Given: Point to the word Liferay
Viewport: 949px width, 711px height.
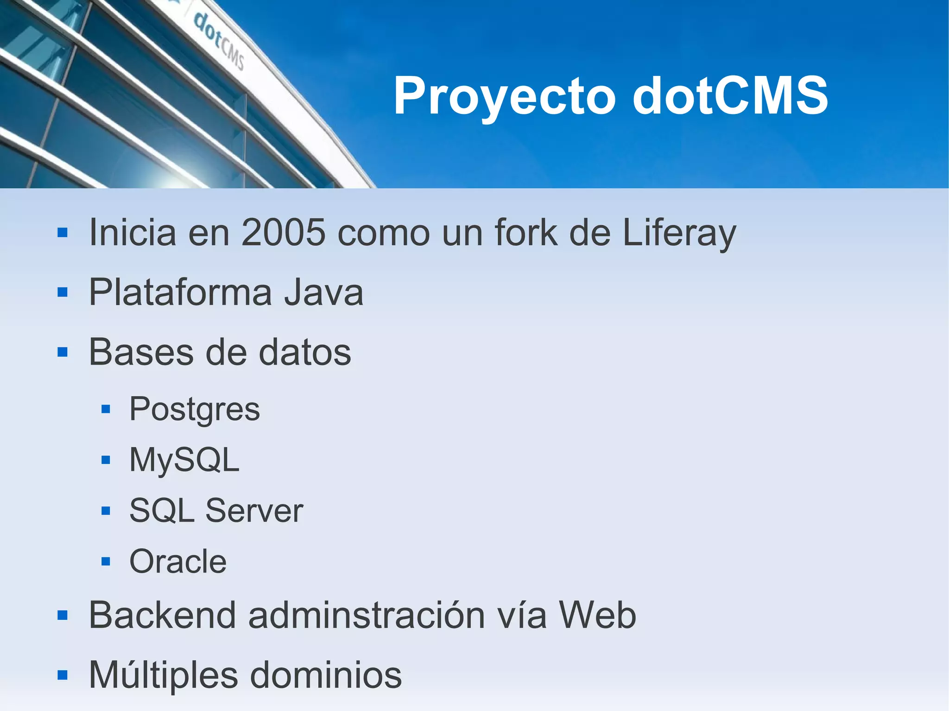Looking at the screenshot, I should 679,233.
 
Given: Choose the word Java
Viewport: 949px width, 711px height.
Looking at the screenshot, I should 323,292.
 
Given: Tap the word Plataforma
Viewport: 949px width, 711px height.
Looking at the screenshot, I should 180,292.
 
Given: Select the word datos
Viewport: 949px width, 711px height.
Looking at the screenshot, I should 304,352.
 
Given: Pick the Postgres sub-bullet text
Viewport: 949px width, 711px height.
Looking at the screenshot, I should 195,410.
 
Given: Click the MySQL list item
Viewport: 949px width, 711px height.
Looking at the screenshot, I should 184,460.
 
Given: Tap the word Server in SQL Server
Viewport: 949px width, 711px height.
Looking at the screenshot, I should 254,511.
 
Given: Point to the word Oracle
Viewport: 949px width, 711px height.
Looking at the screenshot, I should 178,561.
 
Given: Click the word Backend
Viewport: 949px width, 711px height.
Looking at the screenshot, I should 162,615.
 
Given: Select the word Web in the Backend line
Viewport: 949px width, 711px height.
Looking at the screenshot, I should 597,615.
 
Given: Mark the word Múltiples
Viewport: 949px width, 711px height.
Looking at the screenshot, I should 163,675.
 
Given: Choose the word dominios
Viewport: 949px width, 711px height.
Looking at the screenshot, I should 326,675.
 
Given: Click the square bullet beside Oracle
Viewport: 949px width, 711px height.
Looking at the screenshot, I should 106,562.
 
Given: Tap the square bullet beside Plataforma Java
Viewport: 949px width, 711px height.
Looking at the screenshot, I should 63,292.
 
